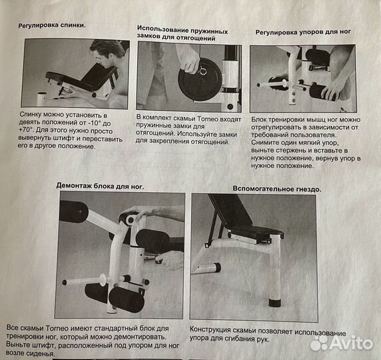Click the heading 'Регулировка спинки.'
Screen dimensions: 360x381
click(x=57, y=25)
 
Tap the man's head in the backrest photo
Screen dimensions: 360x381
click(x=107, y=53)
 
